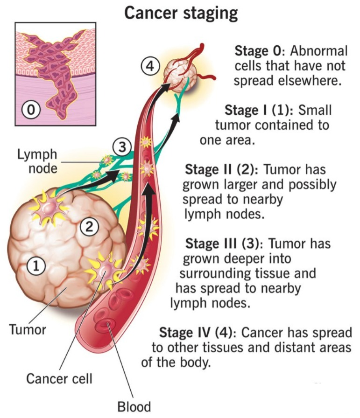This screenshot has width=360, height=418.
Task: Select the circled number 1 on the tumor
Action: tap(36, 266)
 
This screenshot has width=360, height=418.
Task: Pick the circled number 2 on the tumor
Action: tap(89, 227)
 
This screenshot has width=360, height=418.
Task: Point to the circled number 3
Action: tap(122, 146)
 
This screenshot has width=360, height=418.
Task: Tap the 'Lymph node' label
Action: tap(37, 161)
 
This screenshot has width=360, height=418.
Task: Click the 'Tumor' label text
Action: tap(28, 329)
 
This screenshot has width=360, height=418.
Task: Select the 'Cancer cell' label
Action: tap(59, 378)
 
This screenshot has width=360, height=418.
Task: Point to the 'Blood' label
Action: tap(134, 407)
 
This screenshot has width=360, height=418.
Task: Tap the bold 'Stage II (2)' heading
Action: tap(222, 169)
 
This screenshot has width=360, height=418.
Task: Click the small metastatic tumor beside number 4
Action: tap(180, 72)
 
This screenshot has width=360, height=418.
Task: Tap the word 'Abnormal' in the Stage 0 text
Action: tap(319, 51)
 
